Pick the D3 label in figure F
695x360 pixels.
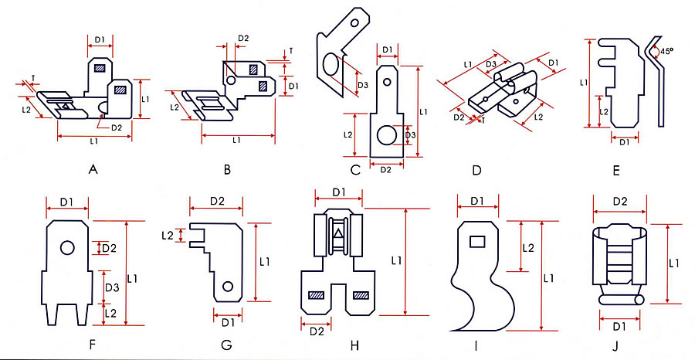point(110,287)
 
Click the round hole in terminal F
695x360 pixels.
point(68,247)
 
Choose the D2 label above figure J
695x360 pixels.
point(619,202)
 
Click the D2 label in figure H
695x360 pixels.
point(317,331)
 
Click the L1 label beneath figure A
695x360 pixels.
point(93,141)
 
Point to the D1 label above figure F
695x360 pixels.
point(66,202)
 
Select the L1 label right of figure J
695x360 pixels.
point(673,263)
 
